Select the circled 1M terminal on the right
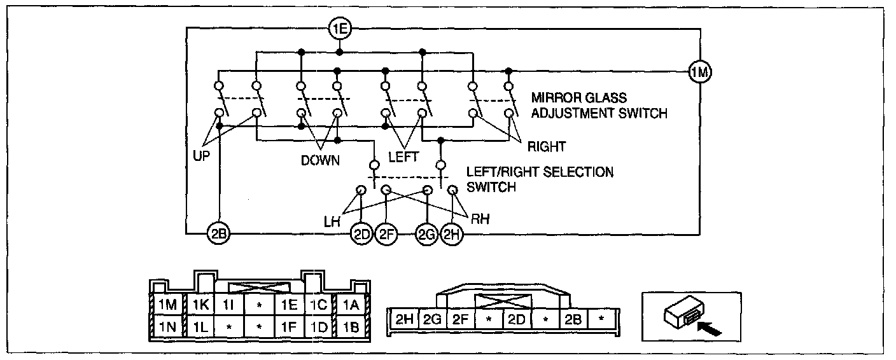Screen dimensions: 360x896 pyautogui.click(x=699, y=73)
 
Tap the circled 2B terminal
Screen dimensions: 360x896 pyautogui.click(x=218, y=234)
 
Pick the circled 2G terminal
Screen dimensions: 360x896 pyautogui.click(x=427, y=234)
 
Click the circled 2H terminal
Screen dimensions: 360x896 pyautogui.click(x=452, y=234)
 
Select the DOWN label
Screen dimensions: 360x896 pyautogui.click(x=320, y=161)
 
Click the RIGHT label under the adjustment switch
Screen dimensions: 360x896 pyautogui.click(x=546, y=148)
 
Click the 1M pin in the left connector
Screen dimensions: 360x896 pyautogui.click(x=168, y=305)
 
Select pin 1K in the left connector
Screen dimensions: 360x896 pyautogui.click(x=200, y=305)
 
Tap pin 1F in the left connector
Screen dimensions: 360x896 pyautogui.click(x=289, y=329)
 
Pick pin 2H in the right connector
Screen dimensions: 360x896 pyautogui.click(x=403, y=319)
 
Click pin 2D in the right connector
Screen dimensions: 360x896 pyautogui.click(x=516, y=319)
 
